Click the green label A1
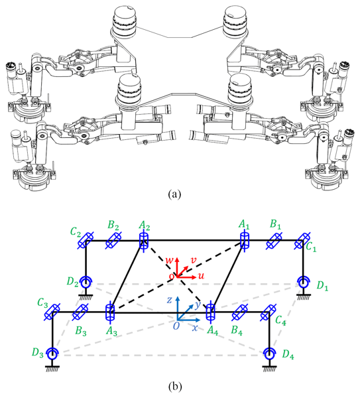[243, 224]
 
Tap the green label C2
[76, 232]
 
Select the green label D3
[38, 353]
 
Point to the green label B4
[237, 330]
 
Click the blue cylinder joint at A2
[144, 241]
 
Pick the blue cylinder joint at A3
[110, 312]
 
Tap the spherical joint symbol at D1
[304, 283]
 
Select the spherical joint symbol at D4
[269, 354]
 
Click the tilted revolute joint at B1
[274, 241]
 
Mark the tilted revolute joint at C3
[52, 312]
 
